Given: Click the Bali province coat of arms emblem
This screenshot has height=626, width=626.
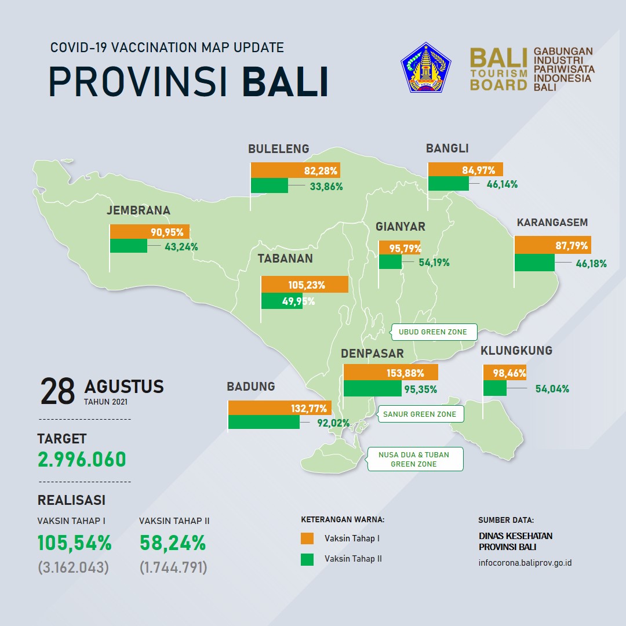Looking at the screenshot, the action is [425, 67].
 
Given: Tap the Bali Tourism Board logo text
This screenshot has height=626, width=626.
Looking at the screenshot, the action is [498, 69].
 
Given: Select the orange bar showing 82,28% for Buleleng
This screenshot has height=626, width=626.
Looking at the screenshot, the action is [296, 170].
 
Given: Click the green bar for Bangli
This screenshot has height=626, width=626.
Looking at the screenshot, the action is [448, 183].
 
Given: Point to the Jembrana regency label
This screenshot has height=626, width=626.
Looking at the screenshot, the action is [139, 210].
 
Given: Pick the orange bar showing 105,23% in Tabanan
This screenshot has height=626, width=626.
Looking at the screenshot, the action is [305, 284].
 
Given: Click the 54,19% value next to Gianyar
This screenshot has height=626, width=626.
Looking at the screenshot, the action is [434, 263].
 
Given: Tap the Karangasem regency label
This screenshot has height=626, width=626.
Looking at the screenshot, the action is [552, 223].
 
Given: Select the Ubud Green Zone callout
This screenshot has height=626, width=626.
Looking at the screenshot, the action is [434, 332].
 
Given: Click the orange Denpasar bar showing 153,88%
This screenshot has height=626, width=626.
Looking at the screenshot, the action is [391, 373].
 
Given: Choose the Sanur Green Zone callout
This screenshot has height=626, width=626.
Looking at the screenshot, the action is [420, 414].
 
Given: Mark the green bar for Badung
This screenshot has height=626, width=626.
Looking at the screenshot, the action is [264, 421].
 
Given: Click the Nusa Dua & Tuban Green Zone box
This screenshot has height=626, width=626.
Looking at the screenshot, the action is [415, 459].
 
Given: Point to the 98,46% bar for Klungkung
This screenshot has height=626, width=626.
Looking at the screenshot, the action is [505, 373].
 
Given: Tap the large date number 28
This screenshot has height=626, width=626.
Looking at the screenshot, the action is [57, 391].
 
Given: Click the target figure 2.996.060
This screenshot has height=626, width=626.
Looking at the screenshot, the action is [82, 459].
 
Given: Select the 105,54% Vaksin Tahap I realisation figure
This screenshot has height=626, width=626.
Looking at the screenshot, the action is [74, 543].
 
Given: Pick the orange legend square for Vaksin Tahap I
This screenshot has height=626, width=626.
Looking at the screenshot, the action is [307, 538].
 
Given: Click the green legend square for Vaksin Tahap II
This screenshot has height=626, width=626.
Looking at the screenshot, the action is [307, 559].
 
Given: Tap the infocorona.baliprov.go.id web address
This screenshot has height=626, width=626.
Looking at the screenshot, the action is [525, 563].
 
